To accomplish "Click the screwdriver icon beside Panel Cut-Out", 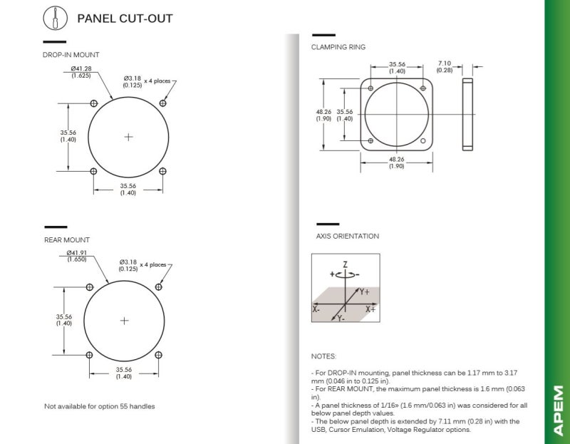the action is click(x=56, y=19).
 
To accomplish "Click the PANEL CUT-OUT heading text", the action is click(x=125, y=19).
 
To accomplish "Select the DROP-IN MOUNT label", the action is click(x=71, y=55).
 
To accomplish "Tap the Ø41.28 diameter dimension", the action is click(x=81, y=72).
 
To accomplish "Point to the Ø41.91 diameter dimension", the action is click(x=77, y=256).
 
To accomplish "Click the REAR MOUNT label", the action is click(x=67, y=240).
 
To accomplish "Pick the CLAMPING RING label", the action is click(x=338, y=47).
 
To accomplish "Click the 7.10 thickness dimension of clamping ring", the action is click(x=445, y=67).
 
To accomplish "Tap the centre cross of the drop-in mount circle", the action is click(x=128, y=137).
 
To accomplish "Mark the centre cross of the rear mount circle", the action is click(x=124, y=321).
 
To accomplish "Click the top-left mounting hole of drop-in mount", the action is click(x=94, y=103).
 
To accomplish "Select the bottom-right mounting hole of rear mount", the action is click(x=158, y=355).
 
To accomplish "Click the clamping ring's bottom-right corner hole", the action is click(x=423, y=140).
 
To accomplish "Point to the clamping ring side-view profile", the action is click(x=467, y=114).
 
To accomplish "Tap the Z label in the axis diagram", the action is click(x=346, y=264).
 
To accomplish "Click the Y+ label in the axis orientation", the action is click(x=365, y=291).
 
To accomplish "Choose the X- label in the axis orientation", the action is click(x=316, y=309).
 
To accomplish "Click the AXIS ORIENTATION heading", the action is click(x=348, y=237).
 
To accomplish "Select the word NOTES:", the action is click(x=323, y=356).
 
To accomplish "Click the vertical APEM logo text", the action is click(x=558, y=411).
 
